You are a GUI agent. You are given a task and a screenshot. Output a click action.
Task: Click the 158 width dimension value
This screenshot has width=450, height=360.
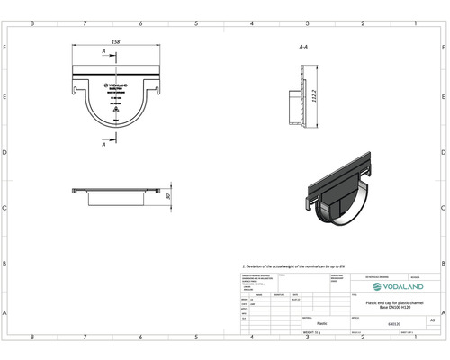click(115, 40)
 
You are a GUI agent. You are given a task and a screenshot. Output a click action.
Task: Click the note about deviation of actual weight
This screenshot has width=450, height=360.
click(298, 267)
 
